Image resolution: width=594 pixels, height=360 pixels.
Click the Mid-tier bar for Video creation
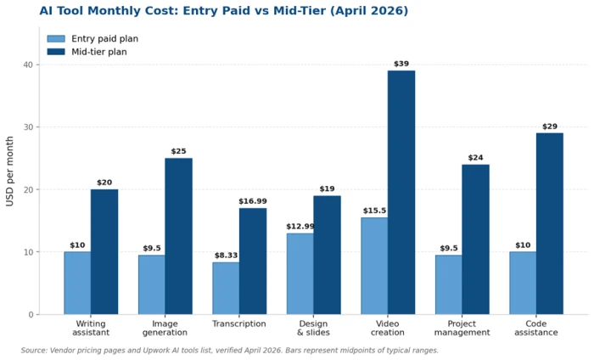(x=401, y=193)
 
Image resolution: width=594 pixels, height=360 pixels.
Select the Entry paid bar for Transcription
(x=226, y=289)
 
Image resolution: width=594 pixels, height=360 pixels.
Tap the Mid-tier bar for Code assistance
(x=550, y=223)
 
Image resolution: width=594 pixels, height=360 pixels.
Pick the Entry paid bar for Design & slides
(x=300, y=274)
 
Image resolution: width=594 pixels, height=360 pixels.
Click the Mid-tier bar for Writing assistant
(x=104, y=252)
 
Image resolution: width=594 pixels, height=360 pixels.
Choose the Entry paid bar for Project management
(x=449, y=284)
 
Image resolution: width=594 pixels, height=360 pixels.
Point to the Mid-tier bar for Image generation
(x=178, y=237)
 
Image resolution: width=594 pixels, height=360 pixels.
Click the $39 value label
(x=401, y=64)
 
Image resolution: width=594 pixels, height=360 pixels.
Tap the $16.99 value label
(x=253, y=201)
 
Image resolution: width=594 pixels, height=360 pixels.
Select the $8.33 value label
(x=227, y=256)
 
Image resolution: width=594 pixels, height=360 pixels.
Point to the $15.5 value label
(x=375, y=211)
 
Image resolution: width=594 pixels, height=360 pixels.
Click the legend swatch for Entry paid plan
(x=56, y=39)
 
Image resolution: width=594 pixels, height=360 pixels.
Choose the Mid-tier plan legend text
(x=99, y=52)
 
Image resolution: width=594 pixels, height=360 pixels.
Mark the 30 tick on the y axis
(x=29, y=127)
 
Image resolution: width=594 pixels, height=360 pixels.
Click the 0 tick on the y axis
(x=31, y=314)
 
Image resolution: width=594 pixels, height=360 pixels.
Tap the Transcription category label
(x=239, y=324)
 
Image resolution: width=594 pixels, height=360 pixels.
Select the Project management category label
(x=462, y=329)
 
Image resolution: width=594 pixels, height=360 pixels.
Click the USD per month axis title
(x=10, y=172)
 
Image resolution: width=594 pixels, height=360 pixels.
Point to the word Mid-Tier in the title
(x=300, y=10)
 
